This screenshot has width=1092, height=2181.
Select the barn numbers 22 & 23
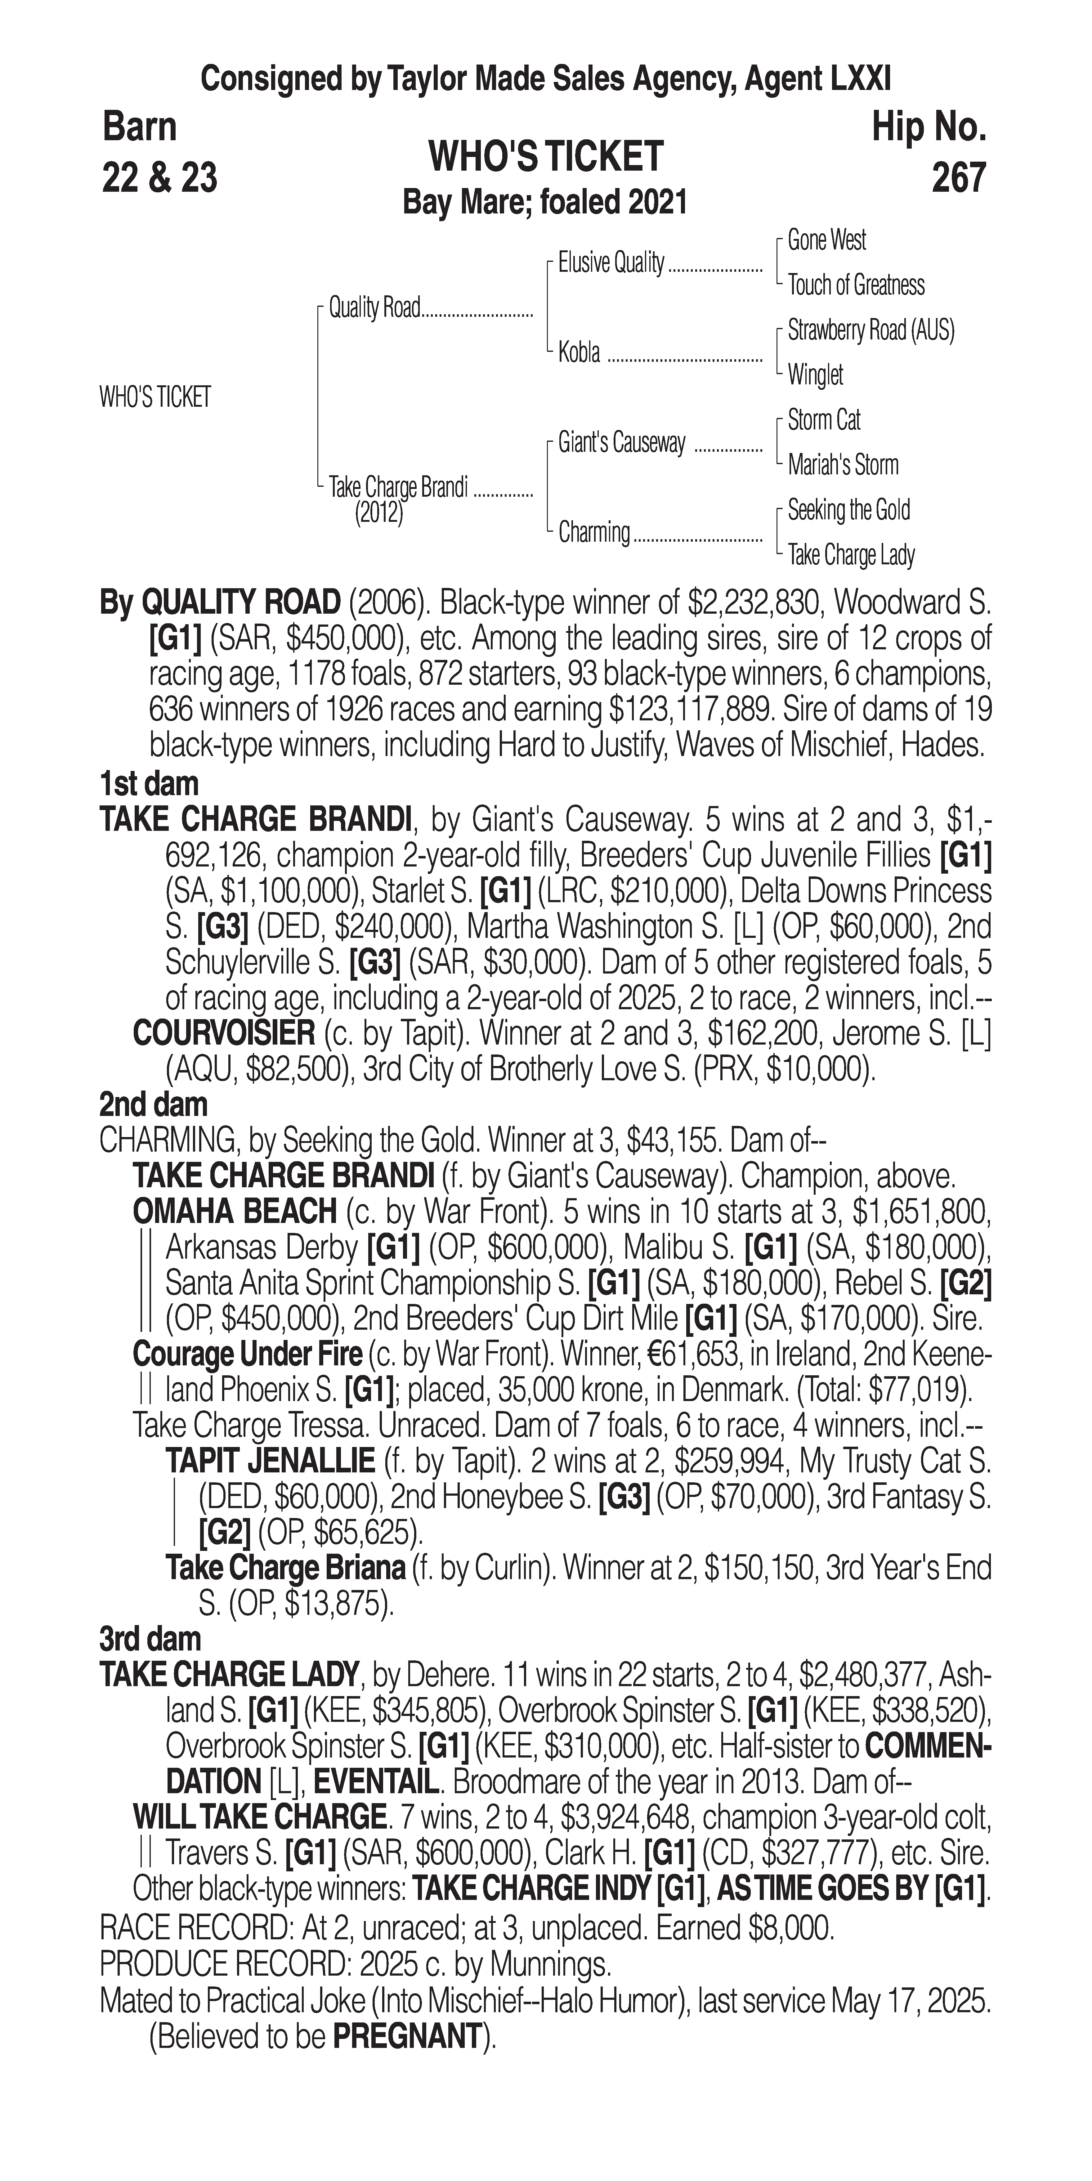click(x=159, y=178)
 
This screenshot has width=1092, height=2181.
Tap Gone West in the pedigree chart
click(x=826, y=240)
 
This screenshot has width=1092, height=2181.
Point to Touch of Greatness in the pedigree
click(x=856, y=285)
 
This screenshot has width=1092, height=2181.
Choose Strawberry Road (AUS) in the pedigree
click(x=870, y=330)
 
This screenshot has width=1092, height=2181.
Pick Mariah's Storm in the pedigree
click(x=842, y=465)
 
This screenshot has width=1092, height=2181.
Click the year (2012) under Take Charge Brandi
click(x=378, y=513)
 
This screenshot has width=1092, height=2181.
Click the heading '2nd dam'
click(x=153, y=1104)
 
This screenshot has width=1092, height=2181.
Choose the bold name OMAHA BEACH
click(x=235, y=1211)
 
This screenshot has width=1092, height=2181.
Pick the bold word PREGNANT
click(x=406, y=2037)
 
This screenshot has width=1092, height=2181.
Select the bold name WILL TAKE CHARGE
click(x=259, y=1817)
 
